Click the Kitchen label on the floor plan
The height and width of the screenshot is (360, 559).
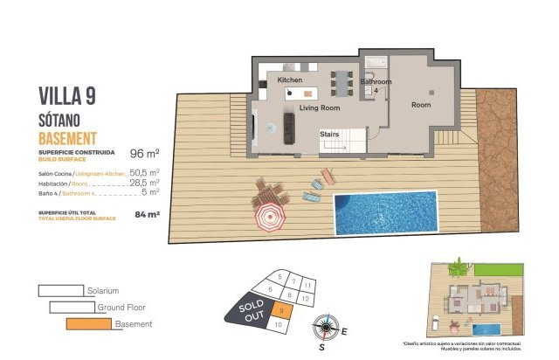tap(290, 80)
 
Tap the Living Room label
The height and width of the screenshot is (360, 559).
tap(319, 108)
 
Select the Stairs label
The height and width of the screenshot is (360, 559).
tap(329, 135)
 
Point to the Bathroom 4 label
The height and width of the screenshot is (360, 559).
tap(376, 84)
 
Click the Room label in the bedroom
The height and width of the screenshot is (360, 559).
tap(422, 105)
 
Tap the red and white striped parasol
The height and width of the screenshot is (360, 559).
tap(269, 218)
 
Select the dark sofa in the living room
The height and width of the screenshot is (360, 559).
tap(290, 128)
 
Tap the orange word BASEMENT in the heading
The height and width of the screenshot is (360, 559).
tap(67, 138)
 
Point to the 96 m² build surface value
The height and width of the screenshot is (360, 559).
tap(144, 152)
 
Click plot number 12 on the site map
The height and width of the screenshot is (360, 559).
tap(303, 299)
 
